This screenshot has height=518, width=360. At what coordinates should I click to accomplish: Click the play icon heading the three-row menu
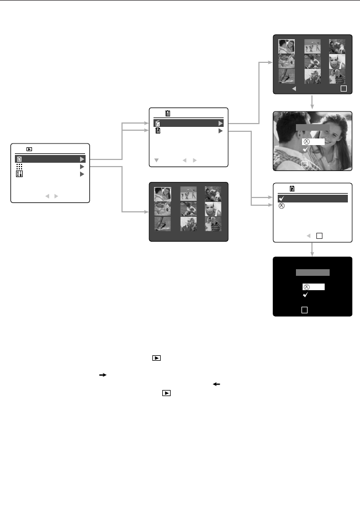point(29,149)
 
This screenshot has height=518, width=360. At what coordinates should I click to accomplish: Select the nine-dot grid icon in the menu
point(19,166)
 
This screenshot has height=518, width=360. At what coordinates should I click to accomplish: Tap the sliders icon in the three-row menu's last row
point(19,174)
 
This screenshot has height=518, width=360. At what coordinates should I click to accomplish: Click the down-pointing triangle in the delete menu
point(156,161)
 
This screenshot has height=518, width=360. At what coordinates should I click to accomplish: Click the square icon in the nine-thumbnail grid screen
point(343,88)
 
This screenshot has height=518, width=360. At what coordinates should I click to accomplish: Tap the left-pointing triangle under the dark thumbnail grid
point(294,88)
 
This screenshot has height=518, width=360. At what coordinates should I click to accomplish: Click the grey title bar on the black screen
point(313,273)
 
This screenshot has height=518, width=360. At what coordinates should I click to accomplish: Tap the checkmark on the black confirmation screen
point(306,295)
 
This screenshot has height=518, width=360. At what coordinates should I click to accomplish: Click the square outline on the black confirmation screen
point(304,311)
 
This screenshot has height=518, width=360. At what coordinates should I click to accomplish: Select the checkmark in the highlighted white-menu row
point(281,199)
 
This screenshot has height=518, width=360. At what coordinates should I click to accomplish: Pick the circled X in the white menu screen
point(281,206)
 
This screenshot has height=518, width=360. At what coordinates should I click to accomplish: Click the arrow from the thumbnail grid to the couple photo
point(313,102)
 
